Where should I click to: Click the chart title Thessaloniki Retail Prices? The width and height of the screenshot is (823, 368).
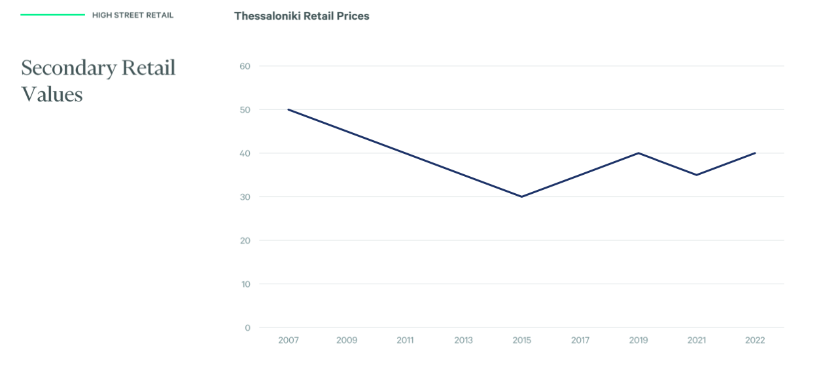pos(302,16)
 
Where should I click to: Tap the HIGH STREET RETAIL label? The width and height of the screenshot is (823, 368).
pos(133,15)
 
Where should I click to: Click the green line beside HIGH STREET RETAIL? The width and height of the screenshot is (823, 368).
pos(52,14)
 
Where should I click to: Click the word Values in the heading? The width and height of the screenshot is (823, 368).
pos(52,94)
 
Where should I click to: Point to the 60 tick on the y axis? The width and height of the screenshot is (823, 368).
pos(245,66)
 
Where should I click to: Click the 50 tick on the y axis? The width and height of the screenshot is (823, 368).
pos(245,110)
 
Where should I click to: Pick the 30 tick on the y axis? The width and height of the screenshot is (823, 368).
pos(245,197)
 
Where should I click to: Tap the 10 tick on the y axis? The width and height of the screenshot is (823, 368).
pos(246,284)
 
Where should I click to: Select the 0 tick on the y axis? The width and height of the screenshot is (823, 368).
pos(247,327)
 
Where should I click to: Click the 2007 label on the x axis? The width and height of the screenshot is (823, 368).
pos(288,340)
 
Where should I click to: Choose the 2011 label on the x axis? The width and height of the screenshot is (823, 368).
pos(405,340)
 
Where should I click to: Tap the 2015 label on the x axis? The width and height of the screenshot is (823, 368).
pos(522,340)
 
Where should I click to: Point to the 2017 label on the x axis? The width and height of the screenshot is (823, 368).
pos(580,340)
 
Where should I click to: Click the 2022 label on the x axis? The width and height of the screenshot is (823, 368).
pos(755,340)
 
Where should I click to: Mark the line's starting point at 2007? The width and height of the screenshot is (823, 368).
pos(289,109)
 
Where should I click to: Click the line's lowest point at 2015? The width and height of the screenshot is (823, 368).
pos(521,196)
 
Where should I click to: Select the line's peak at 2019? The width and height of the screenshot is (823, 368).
pos(639,153)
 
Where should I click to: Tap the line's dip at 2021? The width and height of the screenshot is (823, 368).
pos(697,175)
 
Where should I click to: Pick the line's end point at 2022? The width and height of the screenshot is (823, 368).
pos(755,153)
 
